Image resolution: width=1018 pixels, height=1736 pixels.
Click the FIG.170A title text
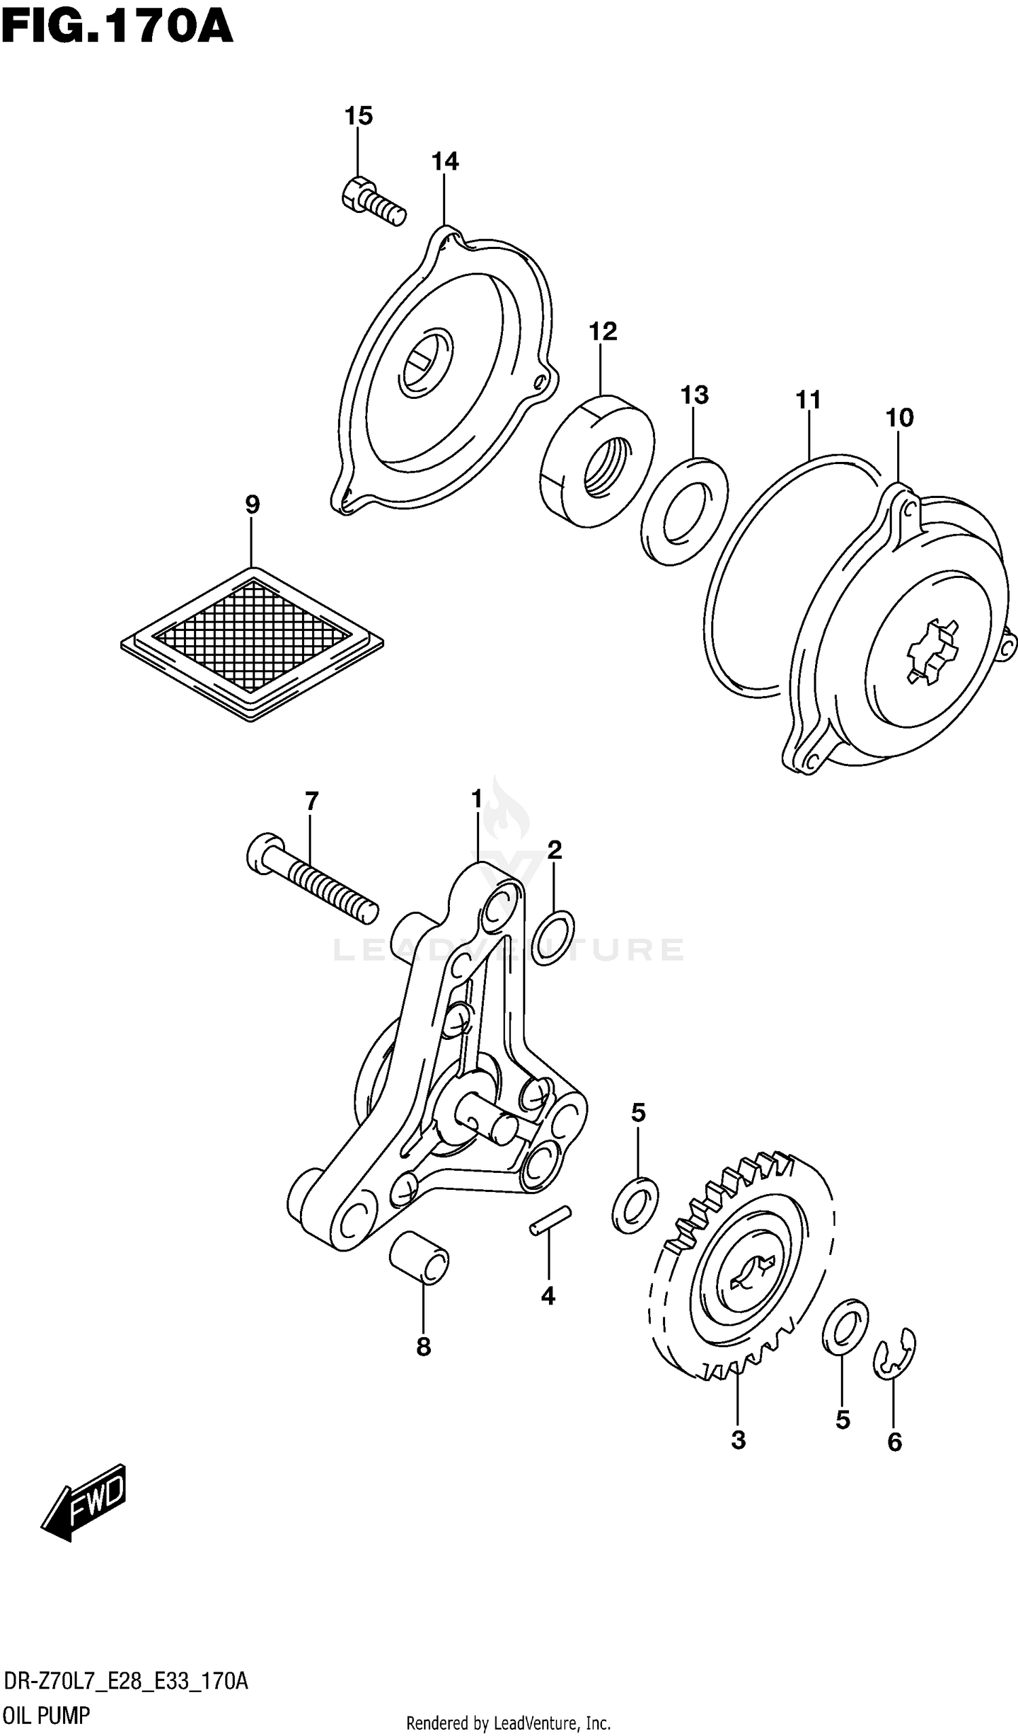pos(117,29)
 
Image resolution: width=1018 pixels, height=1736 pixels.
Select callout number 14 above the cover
pos(445,161)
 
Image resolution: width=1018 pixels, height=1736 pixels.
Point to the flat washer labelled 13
pos(683,511)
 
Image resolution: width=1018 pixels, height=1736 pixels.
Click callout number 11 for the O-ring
pos(808,400)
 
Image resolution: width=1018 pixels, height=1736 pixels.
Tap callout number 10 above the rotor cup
pos(899,417)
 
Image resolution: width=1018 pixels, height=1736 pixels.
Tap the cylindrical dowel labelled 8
pos(419,1258)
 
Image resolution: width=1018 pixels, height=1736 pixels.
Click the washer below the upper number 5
pos(635,1205)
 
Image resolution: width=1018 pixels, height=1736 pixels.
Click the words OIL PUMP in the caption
pos(46,1715)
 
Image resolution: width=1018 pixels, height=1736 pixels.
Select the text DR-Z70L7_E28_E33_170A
pos(126,1681)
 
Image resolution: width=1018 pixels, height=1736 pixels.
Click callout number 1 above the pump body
pos(477,799)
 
